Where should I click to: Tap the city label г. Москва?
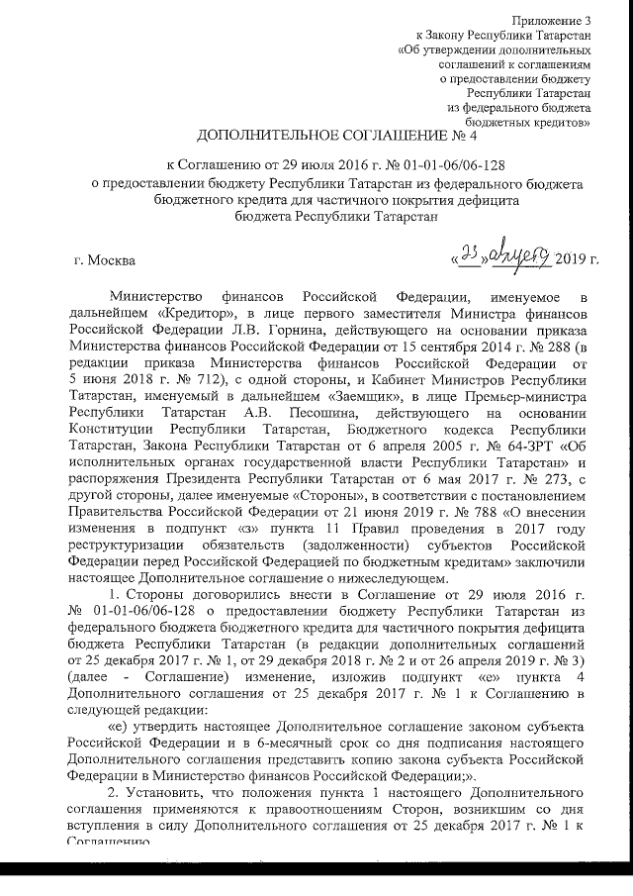(106, 261)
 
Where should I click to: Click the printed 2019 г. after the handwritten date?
(578, 261)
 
